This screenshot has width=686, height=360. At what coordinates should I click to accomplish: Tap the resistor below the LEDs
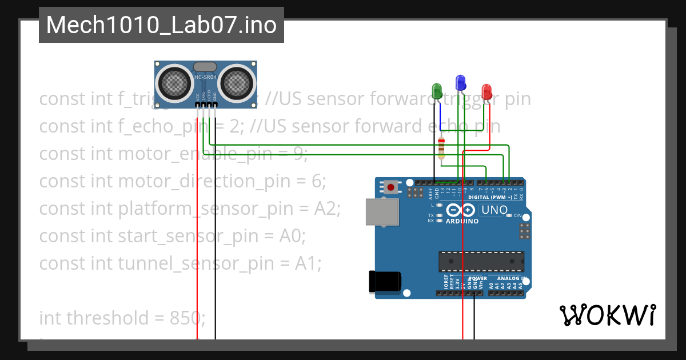[x=441, y=148]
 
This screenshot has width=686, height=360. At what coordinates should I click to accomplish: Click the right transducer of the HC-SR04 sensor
[x=237, y=82]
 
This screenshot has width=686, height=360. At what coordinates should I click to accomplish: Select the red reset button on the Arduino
[x=392, y=187]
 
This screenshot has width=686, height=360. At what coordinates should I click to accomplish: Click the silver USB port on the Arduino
[x=382, y=211]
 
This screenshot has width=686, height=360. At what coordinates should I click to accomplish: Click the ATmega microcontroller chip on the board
[x=480, y=261]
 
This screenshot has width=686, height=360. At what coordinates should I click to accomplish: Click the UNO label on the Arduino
[x=494, y=210]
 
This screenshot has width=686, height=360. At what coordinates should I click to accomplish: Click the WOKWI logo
[x=607, y=315]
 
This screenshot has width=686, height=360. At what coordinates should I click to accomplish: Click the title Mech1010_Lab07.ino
[x=161, y=25]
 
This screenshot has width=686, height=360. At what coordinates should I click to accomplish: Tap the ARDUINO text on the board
[x=461, y=221]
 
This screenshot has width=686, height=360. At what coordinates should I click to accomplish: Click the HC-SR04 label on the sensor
[x=205, y=77]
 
